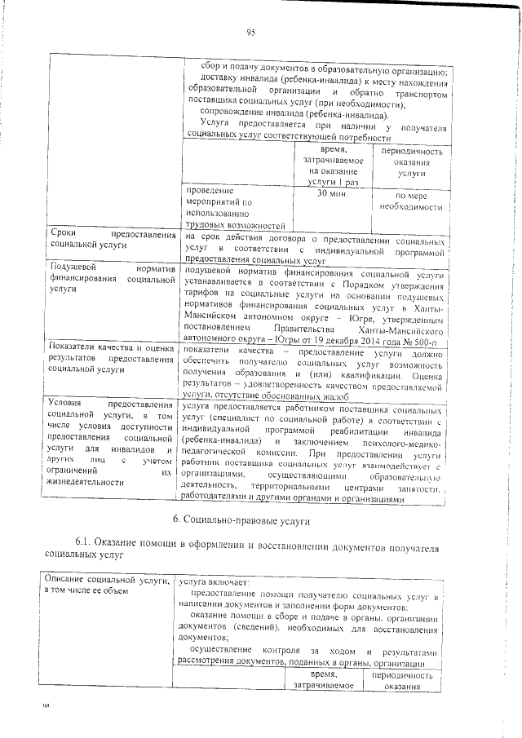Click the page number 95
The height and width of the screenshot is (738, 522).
(x=251, y=32)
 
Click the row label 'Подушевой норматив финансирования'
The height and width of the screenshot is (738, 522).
(x=112, y=278)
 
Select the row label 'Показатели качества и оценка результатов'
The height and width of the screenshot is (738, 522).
(x=112, y=358)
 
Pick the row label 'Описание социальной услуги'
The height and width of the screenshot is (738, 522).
(x=112, y=585)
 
